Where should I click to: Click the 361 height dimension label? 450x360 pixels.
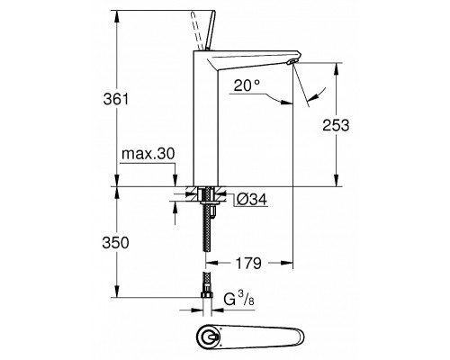pyautogui.click(x=116, y=99)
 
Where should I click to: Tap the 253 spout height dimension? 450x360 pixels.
pyautogui.click(x=336, y=125)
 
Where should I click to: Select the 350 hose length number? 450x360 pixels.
pyautogui.click(x=115, y=243)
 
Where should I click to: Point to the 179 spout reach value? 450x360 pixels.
pyautogui.click(x=248, y=264)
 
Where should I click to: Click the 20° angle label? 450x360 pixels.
pyautogui.click(x=247, y=85)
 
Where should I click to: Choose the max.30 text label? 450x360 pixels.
pyautogui.click(x=148, y=154)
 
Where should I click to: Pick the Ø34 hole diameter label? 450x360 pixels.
pyautogui.click(x=252, y=200)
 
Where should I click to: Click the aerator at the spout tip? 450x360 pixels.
pyautogui.click(x=292, y=62)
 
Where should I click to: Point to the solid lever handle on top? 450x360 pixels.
pyautogui.click(x=211, y=30)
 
